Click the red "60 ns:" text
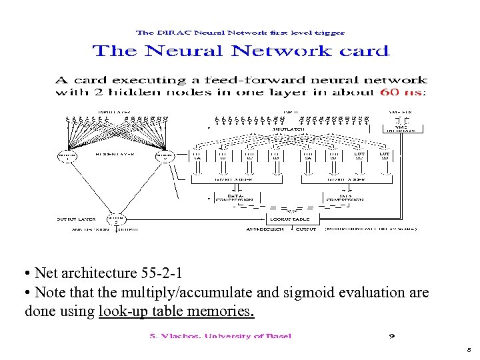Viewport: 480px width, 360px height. (x=403, y=92)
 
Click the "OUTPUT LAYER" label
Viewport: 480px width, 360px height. (x=75, y=219)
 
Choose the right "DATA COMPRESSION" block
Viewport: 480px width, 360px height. (x=344, y=197)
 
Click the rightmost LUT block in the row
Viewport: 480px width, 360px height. (x=384, y=155)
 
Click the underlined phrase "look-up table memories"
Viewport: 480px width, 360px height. (x=176, y=311)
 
